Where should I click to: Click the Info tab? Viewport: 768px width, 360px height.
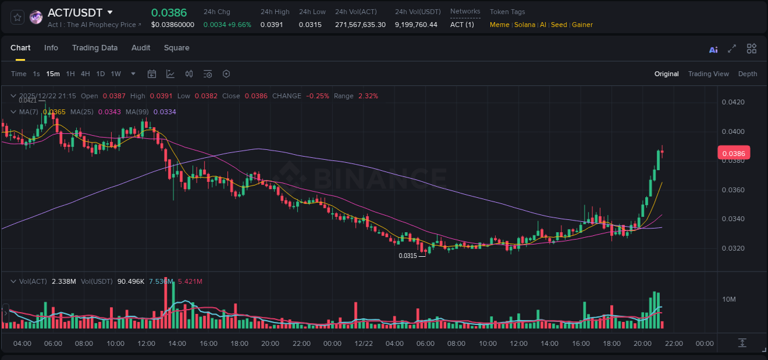[x=51, y=48]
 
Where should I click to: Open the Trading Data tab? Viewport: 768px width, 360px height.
[x=95, y=48]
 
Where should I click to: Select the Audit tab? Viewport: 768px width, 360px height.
[x=141, y=48]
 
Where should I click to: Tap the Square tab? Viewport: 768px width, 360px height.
[x=176, y=48]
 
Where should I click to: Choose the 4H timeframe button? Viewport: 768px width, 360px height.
[x=85, y=74]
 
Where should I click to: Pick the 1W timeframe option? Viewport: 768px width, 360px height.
[x=116, y=74]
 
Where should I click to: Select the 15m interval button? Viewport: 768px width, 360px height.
[x=53, y=74]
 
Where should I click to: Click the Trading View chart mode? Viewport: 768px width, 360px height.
[x=708, y=74]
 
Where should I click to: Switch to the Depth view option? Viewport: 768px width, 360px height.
[x=747, y=74]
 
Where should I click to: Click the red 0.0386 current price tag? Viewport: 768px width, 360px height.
[x=734, y=154]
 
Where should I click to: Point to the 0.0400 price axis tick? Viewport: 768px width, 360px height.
[x=733, y=131]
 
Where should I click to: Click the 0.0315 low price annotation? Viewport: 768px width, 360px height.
[x=407, y=256]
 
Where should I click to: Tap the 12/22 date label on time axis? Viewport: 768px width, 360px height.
[x=363, y=343]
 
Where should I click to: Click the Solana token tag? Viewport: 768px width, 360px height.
[x=524, y=25]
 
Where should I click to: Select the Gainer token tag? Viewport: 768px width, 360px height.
[x=582, y=25]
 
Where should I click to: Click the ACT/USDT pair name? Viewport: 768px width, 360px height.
[x=75, y=12]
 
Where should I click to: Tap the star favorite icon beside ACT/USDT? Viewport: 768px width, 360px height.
[x=17, y=17]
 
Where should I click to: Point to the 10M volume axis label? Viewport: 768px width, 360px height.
[x=729, y=299]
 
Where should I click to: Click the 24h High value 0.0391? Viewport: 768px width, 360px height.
[x=271, y=25]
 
